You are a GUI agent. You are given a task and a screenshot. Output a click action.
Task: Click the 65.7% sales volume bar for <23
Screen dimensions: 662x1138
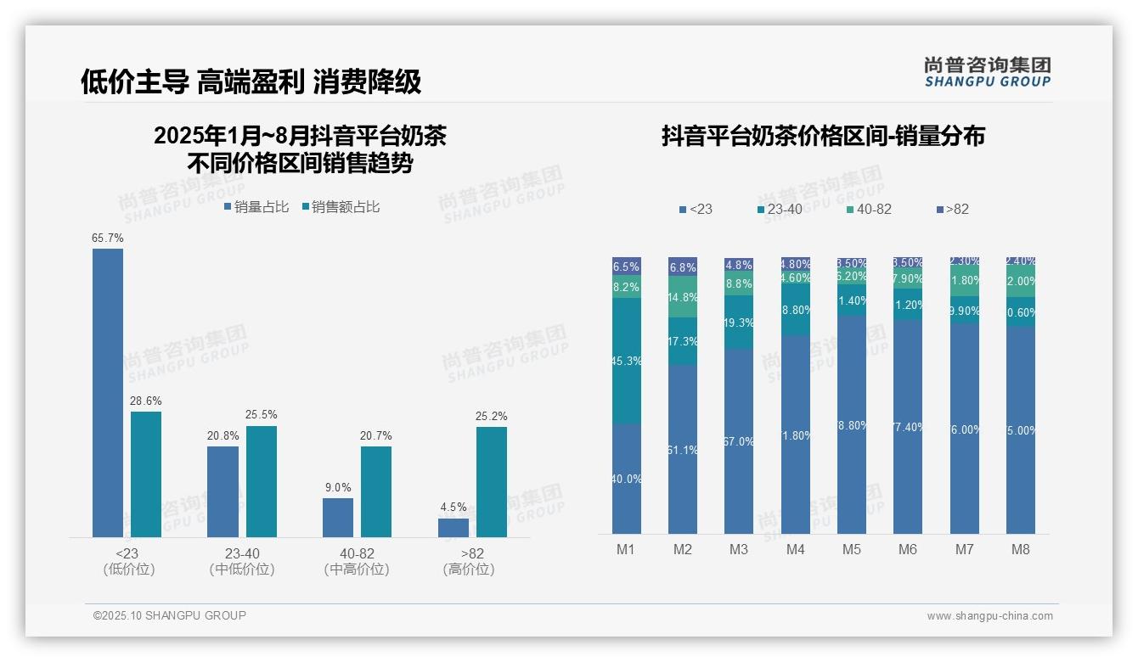pos(108,392)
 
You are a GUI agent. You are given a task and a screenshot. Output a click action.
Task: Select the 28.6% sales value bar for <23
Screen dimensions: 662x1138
pos(146,474)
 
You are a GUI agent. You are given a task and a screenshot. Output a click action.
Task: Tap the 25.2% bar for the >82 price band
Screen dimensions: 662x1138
pos(492,481)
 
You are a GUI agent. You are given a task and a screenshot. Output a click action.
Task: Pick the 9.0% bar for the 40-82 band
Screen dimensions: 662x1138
pos(338,517)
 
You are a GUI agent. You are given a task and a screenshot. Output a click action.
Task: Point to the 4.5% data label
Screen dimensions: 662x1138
pos(454,508)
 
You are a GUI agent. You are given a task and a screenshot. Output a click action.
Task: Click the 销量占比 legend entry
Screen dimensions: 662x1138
pos(256,207)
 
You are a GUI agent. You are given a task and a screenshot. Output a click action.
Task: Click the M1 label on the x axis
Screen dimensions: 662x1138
pos(626,550)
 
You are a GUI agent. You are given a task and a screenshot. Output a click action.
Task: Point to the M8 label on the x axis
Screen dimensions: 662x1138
pos(1021,550)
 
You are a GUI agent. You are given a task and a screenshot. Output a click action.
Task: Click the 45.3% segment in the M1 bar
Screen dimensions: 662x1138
pos(627,360)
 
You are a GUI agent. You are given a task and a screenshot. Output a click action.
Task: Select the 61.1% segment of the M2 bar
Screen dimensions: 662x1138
pos(683,449)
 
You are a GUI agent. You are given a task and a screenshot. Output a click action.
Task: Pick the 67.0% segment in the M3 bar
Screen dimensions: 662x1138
pos(739,440)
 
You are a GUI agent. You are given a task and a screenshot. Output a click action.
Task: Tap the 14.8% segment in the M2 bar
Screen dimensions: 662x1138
pos(683,297)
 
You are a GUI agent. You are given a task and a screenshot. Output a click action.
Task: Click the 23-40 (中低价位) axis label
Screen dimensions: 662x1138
pos(242,561)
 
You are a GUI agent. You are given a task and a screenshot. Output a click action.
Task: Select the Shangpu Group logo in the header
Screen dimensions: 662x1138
pos(988,71)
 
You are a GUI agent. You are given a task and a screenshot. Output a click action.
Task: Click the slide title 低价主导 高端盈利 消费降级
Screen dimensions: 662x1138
pos(251,81)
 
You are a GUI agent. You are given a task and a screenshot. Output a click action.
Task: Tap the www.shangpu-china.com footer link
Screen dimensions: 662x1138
pos(989,616)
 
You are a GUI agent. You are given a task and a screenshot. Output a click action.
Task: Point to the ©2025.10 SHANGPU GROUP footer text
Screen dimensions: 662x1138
pos(170,616)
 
